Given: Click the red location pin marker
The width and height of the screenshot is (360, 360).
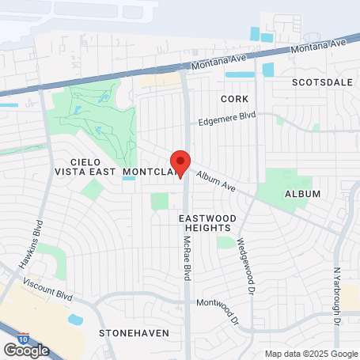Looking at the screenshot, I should click(x=180, y=164).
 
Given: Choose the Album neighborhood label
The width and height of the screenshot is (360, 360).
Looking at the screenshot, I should click(x=302, y=194).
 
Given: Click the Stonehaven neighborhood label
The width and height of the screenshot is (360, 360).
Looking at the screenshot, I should click(x=134, y=333).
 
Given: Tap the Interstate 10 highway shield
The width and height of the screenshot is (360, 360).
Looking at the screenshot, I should click(x=24, y=338).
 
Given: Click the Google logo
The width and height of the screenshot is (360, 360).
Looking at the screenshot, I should click(x=26, y=350).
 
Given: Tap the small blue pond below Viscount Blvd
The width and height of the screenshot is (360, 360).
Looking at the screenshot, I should click(x=76, y=320).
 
